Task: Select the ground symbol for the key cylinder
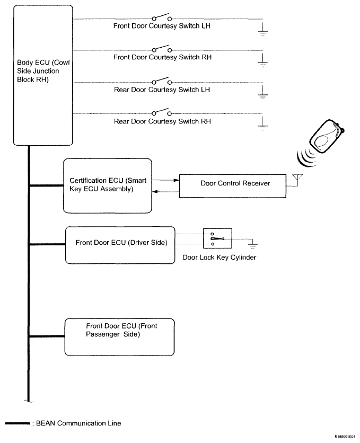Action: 253,244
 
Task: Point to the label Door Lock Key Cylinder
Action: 217,258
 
